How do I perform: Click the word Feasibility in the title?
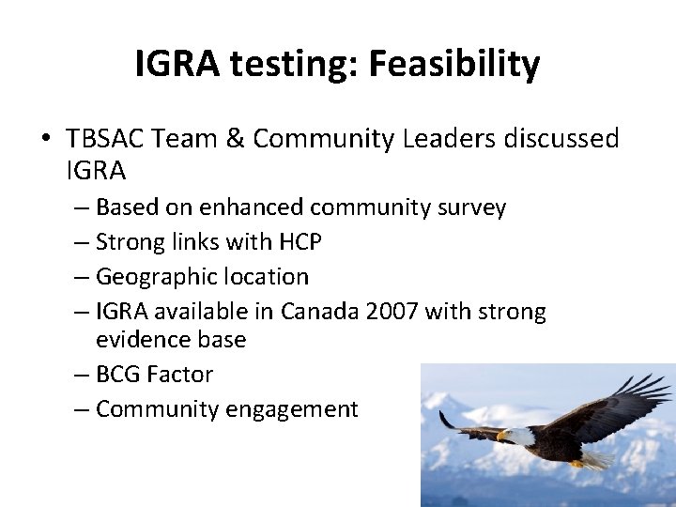click(x=453, y=64)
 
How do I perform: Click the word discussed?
click(x=561, y=139)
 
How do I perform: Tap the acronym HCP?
click(x=300, y=242)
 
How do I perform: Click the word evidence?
click(x=139, y=339)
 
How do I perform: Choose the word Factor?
click(x=181, y=374)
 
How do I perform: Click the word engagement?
click(x=301, y=409)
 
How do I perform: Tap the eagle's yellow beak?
click(x=502, y=436)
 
